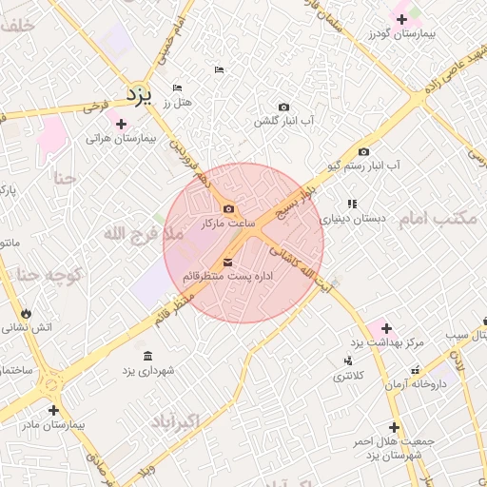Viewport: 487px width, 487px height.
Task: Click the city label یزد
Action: tap(140, 94)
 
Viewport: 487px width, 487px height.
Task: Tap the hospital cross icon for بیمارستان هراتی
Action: tap(121, 124)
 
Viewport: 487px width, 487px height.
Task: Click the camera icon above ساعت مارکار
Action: tap(228, 208)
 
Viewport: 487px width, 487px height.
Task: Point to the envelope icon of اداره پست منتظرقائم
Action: tap(227, 263)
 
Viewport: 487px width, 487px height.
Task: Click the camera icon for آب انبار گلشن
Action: tap(283, 107)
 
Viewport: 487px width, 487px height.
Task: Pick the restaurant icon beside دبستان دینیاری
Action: tap(353, 204)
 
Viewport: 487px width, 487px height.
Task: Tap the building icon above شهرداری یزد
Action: tap(146, 356)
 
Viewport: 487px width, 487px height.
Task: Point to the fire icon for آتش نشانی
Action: tap(26, 313)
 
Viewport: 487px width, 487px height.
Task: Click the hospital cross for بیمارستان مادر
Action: tap(53, 411)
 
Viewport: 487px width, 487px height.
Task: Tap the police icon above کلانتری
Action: tap(347, 360)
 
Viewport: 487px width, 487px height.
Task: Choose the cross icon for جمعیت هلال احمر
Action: tap(394, 428)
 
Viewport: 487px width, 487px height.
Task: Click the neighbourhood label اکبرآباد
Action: tap(175, 420)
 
